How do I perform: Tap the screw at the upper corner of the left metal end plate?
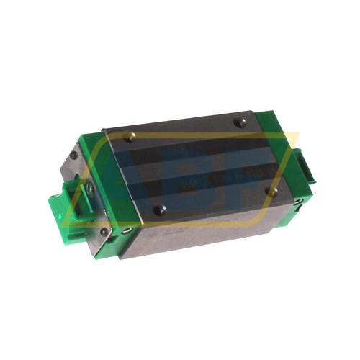[x=74, y=154]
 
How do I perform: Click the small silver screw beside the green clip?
[x=91, y=188]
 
